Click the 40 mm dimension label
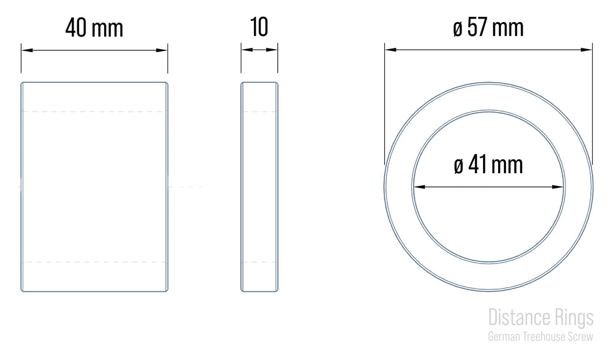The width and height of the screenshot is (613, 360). coord(94,28)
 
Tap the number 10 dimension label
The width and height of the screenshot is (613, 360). coord(259,27)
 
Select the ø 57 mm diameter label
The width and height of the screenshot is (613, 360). coord(488,28)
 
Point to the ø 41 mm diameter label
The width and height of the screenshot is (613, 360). coord(488,164)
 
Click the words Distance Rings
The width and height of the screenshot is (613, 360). coord(541,317)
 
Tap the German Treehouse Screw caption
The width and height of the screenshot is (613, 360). coord(541,337)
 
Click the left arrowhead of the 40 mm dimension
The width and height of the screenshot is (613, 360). coord(27,50)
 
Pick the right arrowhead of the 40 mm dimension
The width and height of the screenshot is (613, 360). coord(162,50)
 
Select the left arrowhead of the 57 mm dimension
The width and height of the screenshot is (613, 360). coord(391,50)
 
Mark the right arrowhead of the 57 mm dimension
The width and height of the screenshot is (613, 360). coord(587,50)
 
